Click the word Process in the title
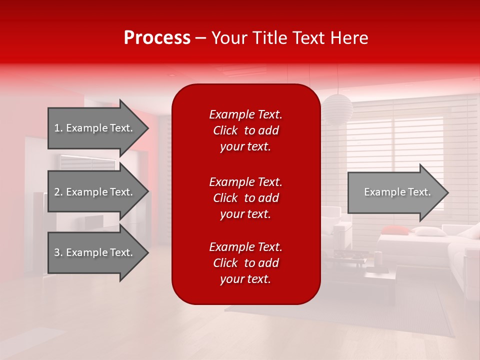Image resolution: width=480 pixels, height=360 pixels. [x=157, y=38]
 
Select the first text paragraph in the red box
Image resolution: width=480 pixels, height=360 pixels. [x=245, y=130]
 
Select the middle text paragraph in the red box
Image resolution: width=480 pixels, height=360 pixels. [x=245, y=198]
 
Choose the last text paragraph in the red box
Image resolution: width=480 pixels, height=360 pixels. [x=245, y=263]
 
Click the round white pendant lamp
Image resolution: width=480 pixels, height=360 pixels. [x=337, y=108]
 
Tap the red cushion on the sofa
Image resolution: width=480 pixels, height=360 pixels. [x=395, y=230]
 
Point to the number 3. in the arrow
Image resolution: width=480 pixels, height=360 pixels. [x=58, y=252]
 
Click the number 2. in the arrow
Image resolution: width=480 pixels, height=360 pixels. [x=58, y=192]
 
